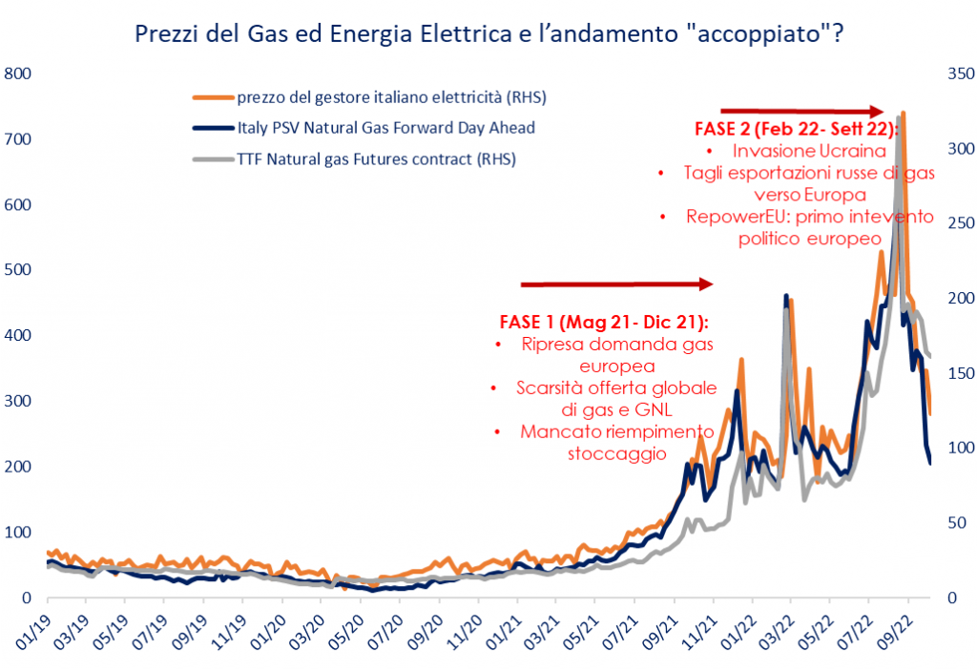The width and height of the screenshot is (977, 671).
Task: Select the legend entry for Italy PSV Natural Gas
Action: [385, 127]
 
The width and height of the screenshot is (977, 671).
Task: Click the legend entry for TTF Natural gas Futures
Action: [376, 158]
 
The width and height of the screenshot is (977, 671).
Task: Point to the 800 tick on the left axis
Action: [19, 73]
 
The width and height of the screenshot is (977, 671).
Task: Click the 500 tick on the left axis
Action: [19, 270]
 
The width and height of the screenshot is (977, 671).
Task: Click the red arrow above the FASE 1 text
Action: [616, 284]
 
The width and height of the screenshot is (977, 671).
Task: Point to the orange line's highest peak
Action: [902, 114]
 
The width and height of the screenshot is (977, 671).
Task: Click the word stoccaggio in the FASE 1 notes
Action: [616, 453]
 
